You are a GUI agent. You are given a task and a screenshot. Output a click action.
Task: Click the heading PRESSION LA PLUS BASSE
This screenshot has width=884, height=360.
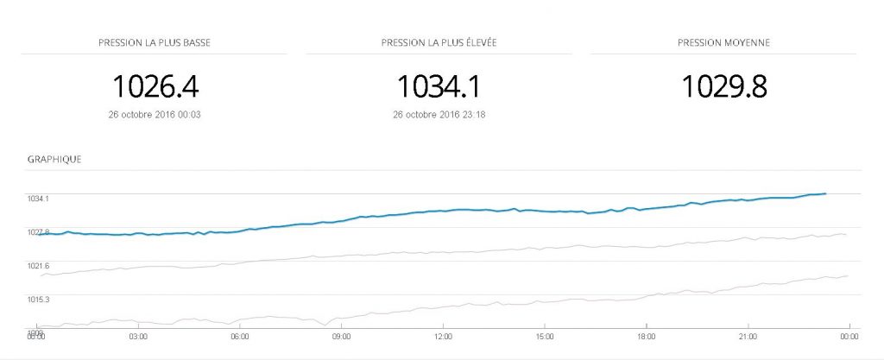pyautogui.click(x=154, y=41)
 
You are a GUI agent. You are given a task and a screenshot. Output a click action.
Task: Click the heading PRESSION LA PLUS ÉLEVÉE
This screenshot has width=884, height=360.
pyautogui.click(x=439, y=41)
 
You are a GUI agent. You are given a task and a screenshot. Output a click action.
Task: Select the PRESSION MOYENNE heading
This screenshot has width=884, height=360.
pyautogui.click(x=723, y=41)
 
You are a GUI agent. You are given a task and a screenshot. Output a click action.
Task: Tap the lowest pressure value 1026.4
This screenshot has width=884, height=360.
pyautogui.click(x=156, y=85)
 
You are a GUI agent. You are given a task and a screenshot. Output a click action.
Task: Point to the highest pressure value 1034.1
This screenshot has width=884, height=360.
pyautogui.click(x=438, y=85)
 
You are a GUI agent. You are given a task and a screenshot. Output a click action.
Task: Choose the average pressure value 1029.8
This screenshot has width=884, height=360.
pyautogui.click(x=724, y=85)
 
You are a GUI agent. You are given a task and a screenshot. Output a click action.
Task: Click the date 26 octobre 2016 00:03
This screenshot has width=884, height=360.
pyautogui.click(x=155, y=114)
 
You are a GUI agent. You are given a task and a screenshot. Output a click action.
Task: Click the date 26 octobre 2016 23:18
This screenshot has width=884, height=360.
pyautogui.click(x=439, y=114)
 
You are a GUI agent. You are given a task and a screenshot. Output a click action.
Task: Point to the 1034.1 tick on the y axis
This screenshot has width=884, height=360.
pyautogui.click(x=38, y=199)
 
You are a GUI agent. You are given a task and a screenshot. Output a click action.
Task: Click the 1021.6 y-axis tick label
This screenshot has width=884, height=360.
pyautogui.click(x=38, y=266)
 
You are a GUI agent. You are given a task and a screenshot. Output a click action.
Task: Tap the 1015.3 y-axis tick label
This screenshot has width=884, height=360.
pyautogui.click(x=38, y=300)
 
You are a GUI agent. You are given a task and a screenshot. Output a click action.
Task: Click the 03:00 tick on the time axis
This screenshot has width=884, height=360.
pyautogui.click(x=138, y=337)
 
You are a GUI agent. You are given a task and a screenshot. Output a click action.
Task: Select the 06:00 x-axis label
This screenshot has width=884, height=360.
pyautogui.click(x=240, y=337)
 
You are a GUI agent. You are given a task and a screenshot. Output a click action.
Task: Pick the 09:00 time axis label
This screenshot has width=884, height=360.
pyautogui.click(x=342, y=337)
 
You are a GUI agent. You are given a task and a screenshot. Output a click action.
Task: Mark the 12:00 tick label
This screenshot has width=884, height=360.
pyautogui.click(x=444, y=337)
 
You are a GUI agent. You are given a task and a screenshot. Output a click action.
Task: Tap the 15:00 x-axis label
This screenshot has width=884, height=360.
pyautogui.click(x=545, y=337)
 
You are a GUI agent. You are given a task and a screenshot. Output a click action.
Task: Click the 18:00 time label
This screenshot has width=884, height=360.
pyautogui.click(x=647, y=337)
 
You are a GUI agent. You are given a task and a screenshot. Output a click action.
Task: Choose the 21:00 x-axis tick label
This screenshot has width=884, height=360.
pyautogui.click(x=748, y=337)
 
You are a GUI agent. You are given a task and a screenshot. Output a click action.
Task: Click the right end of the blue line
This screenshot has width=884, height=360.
pyautogui.click(x=826, y=193)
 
